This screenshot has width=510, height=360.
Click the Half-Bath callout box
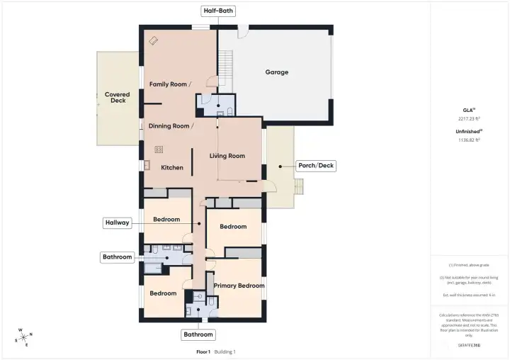[217, 11]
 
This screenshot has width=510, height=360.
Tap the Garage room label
[276, 72]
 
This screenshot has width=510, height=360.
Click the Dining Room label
[171, 126]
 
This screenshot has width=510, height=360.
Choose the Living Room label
[227, 156]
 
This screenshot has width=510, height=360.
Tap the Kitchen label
[172, 168]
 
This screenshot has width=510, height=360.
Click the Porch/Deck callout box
[317, 166]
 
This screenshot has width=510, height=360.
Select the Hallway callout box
[117, 223]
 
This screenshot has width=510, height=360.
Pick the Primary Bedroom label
[239, 286]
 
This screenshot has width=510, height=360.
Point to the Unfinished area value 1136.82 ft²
[469, 140]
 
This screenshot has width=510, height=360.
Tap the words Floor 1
[203, 351]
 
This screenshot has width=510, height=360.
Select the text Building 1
[225, 351]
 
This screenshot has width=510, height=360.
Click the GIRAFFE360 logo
[469, 346]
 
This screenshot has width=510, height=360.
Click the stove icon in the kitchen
[158, 150]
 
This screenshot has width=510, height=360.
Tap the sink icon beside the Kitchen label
[147, 166]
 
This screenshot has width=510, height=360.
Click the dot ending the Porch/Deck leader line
[280, 166]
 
